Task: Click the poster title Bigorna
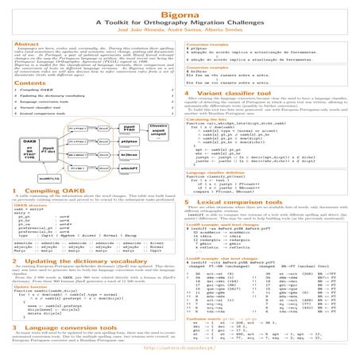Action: tap(179, 10)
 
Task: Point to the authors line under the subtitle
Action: tap(179, 29)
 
